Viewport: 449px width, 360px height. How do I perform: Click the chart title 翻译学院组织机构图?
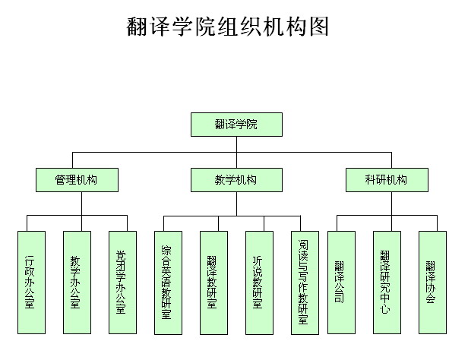coord(227,27)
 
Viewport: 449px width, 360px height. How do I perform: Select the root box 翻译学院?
coord(236,125)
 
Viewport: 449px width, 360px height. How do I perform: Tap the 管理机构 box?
coord(77,180)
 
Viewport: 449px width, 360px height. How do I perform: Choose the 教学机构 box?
coord(236,180)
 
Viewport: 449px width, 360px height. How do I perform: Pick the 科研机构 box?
coord(387,180)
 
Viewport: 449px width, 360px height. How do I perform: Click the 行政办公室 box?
coord(31,283)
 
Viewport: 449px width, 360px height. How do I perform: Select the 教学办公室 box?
coord(77,283)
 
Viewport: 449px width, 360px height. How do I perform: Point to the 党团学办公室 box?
coord(122,283)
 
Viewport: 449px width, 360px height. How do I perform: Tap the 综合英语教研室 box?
coord(168,283)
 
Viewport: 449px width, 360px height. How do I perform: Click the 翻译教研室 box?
coord(214,283)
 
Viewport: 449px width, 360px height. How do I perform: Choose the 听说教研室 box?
coord(259,283)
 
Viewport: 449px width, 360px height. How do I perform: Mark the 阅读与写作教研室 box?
coord(305,283)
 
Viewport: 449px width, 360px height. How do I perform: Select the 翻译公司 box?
coord(341,283)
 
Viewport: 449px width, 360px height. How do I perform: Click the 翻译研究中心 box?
coord(387,283)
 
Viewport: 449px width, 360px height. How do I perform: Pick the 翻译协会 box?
coord(432,283)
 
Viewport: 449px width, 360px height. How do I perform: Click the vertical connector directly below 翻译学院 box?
coord(236,152)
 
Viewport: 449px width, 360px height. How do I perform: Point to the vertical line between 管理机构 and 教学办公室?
coord(81,211)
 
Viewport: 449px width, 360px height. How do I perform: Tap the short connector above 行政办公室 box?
coord(27,223)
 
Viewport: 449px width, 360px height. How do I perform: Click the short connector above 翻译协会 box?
coord(438,223)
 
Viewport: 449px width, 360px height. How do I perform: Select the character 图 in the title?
coord(319,27)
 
